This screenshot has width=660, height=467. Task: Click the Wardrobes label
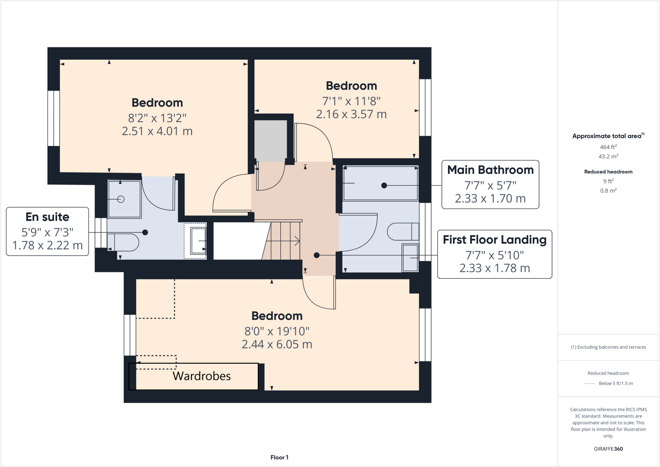[x=201, y=376]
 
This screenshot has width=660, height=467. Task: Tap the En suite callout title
[x=47, y=217]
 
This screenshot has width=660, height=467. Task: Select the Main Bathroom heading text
[x=490, y=170]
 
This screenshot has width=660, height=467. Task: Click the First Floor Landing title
[x=494, y=240]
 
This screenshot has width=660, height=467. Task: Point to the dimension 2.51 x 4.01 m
[x=157, y=131]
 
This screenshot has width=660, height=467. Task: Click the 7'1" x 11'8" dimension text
[x=351, y=101]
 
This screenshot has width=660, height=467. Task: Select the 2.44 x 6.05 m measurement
[x=277, y=344]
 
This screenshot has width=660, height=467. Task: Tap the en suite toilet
[x=124, y=242]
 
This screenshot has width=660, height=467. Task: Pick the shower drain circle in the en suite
[x=121, y=199]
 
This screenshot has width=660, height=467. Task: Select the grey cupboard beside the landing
[x=270, y=141]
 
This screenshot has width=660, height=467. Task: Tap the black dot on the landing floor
[x=316, y=255]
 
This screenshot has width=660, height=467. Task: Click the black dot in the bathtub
[x=384, y=185]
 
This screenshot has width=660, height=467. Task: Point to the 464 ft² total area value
[x=608, y=147]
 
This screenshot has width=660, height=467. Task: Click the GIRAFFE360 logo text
[x=608, y=449]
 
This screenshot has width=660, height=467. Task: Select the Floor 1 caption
[x=279, y=457]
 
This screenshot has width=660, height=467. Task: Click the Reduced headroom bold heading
[x=608, y=172]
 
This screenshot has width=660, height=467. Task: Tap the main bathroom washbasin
[x=410, y=258]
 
